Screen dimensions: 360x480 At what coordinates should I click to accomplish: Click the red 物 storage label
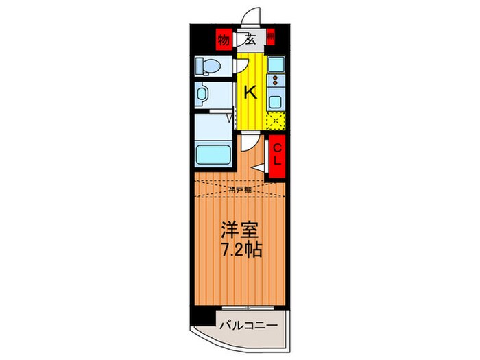223,39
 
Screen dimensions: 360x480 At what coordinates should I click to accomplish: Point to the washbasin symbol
204,93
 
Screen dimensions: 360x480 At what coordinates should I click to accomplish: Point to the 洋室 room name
235,228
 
